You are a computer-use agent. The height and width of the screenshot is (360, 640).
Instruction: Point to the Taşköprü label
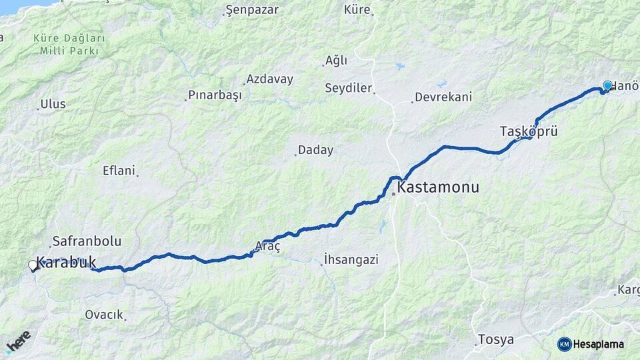pyautogui.click(x=529, y=131)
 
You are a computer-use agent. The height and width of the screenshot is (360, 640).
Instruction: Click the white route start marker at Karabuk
pyautogui.click(x=33, y=265)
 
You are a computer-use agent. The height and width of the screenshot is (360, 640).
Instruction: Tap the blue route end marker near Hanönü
pyautogui.click(x=607, y=85)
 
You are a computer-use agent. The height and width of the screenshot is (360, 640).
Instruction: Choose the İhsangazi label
pyautogui.click(x=351, y=259)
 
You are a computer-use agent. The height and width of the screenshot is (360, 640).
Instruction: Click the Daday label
pyautogui.click(x=315, y=150)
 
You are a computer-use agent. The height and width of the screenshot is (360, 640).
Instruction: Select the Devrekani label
pyautogui.click(x=443, y=97)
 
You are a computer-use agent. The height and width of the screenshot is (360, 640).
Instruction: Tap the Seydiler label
pyautogui.click(x=348, y=88)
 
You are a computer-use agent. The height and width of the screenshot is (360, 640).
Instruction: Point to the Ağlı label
pyautogui.click(x=336, y=61)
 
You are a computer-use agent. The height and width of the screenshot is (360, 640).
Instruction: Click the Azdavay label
pyautogui.click(x=269, y=79)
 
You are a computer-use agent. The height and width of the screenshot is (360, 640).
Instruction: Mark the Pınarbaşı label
pyautogui.click(x=215, y=95)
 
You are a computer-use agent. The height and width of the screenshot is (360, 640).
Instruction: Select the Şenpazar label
pyautogui.click(x=252, y=10)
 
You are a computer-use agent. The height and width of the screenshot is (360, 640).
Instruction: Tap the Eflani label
pyautogui.click(x=119, y=170)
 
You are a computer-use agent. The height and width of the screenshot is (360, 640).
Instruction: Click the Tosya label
pyautogui.click(x=496, y=339)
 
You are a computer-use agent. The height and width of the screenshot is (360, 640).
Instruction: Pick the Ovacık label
pyautogui.click(x=104, y=315)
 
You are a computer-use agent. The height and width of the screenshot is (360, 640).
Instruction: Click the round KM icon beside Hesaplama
pyautogui.click(x=564, y=344)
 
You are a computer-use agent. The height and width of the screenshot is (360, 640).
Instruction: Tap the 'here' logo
pyautogui.click(x=18, y=341)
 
